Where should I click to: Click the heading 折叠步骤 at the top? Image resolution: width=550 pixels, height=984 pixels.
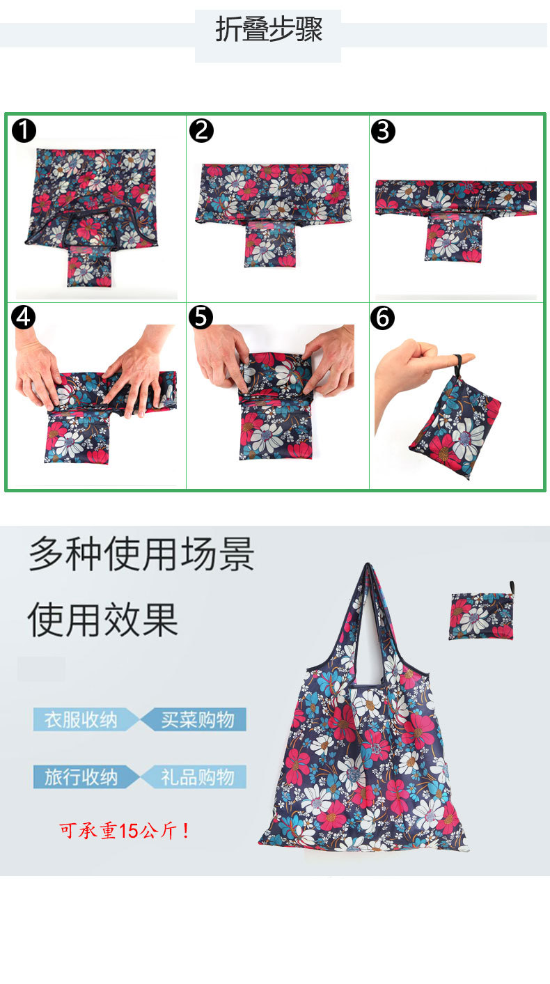(269, 29)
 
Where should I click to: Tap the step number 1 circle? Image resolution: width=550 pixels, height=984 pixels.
(24, 130)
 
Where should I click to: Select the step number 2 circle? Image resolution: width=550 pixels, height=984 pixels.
(201, 130)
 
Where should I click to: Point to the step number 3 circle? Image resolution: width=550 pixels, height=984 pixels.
(383, 131)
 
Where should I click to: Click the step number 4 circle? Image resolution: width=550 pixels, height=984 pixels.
(23, 317)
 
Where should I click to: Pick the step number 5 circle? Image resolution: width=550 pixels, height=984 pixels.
(201, 317)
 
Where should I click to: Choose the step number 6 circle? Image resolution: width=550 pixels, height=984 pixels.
(382, 318)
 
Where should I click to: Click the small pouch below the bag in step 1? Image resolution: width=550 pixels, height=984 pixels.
(88, 266)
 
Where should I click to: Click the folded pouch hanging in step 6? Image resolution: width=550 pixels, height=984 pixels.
(455, 428)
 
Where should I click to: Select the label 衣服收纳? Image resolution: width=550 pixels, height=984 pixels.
(81, 720)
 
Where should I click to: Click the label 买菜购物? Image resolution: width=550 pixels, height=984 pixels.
(198, 720)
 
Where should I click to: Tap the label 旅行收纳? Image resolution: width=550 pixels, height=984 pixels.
(81, 777)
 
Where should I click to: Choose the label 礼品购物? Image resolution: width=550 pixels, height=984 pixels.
(198, 777)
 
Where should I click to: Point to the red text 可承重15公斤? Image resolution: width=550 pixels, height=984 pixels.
(124, 831)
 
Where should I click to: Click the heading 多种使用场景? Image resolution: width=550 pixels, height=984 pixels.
(141, 554)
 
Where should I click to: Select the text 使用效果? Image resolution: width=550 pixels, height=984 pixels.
(103, 620)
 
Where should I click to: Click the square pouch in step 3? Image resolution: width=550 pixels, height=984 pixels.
(453, 239)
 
